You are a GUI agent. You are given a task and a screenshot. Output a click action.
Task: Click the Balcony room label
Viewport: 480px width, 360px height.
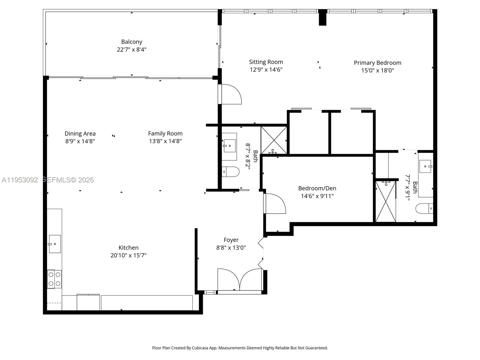[x=131, y=42]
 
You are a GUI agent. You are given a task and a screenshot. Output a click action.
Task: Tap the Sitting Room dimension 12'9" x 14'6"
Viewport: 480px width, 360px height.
[x=266, y=70]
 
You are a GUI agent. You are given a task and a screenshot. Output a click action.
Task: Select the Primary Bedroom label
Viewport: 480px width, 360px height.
[x=377, y=63]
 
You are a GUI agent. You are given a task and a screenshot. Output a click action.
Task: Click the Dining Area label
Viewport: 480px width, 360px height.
[x=80, y=133]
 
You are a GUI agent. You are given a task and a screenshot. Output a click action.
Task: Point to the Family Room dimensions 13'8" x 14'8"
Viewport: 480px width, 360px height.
[x=165, y=141]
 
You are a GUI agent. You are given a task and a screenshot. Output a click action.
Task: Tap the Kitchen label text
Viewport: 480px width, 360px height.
[x=128, y=247]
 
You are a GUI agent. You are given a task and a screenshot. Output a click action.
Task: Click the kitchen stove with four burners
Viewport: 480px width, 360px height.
[x=54, y=279]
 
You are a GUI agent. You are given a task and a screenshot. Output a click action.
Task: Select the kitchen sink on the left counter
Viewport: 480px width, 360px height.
[x=55, y=244]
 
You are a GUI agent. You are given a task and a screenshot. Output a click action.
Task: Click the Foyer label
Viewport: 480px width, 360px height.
[x=231, y=240]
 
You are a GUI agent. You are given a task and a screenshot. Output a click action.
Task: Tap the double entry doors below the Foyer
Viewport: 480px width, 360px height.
[x=240, y=280]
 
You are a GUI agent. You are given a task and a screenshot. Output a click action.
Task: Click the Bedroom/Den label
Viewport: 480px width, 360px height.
[x=317, y=188]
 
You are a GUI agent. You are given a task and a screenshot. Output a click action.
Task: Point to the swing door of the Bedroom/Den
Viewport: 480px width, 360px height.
[x=274, y=204]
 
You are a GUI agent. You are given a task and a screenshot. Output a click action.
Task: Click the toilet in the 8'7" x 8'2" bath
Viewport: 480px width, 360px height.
[x=230, y=172]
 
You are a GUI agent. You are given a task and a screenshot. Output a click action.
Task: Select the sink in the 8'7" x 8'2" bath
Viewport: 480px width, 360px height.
[x=229, y=146]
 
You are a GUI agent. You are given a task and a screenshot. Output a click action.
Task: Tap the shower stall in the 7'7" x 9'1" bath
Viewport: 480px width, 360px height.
[x=385, y=201]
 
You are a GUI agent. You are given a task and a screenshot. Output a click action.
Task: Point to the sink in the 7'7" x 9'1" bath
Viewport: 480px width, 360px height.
[x=425, y=166]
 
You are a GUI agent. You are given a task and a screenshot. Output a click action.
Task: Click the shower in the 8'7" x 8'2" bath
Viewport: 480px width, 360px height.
[x=274, y=140]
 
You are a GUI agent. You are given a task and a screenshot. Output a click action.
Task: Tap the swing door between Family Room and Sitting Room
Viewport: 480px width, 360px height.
[x=230, y=94]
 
